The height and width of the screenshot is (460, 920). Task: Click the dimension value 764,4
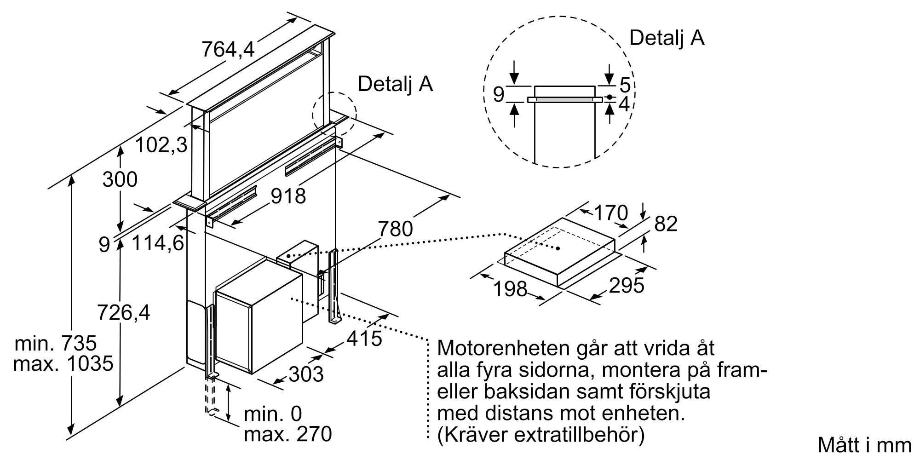click(228, 48)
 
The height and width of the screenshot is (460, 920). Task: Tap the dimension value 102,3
click(161, 145)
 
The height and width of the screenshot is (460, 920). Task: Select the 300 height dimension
click(120, 179)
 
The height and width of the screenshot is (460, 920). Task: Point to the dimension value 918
click(288, 196)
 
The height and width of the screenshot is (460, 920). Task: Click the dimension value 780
click(396, 229)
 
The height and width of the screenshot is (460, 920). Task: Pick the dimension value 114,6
click(158, 243)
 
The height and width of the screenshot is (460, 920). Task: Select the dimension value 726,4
click(124, 313)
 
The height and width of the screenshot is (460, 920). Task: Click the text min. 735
click(56, 344)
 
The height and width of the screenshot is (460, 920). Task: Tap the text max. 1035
click(63, 364)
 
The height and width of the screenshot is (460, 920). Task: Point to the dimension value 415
click(364, 339)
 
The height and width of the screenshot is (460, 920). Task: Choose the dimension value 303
click(306, 374)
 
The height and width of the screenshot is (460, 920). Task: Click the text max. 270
click(288, 434)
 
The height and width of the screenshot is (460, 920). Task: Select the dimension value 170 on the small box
click(611, 213)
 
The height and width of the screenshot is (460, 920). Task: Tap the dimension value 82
click(666, 224)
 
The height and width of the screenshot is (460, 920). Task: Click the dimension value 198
click(510, 289)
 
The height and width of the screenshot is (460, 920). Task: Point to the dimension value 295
click(627, 286)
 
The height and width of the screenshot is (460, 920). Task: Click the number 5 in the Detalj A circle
click(624, 85)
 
